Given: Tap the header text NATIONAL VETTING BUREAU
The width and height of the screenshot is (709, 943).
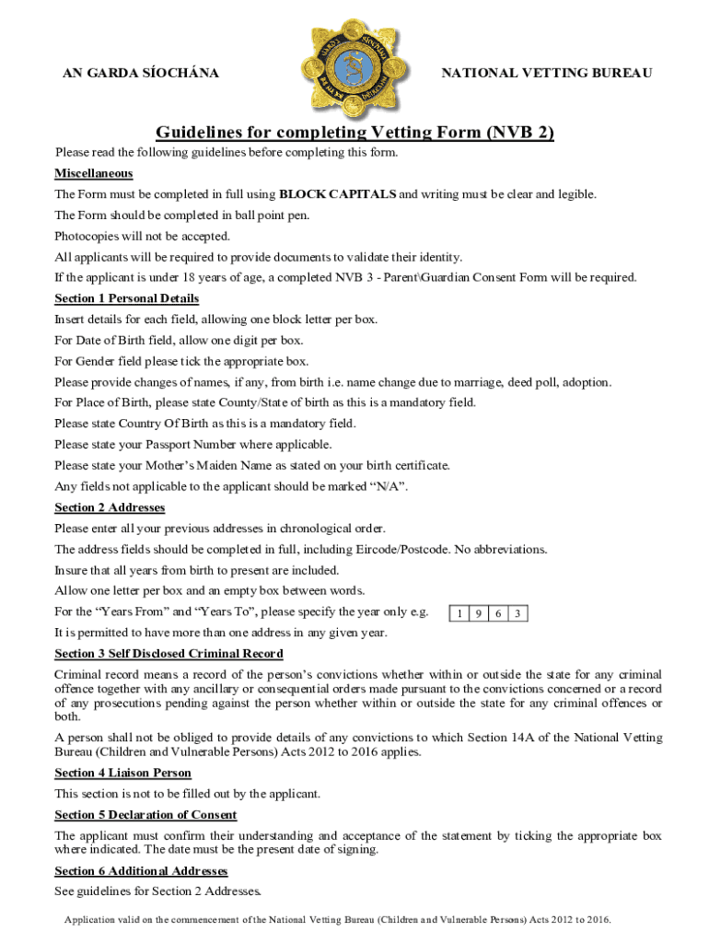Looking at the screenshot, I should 547,72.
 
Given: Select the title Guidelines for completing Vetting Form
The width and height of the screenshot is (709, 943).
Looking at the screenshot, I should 354,132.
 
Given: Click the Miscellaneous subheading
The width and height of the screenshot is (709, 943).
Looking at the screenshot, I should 93,173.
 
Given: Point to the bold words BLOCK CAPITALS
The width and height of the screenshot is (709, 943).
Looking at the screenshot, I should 338,194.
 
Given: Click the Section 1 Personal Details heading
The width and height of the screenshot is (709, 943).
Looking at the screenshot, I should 126,298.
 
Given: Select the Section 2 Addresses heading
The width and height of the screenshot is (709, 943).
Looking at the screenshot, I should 110,507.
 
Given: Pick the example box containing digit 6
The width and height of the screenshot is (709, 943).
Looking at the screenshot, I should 499,613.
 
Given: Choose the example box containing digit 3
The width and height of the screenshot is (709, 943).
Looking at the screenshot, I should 519,613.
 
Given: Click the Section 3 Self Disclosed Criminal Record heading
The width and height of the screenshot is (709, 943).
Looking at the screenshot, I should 169,653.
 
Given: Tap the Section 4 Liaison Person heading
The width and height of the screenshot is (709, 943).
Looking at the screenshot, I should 122,773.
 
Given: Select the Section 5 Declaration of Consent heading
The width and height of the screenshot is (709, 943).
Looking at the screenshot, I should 145,815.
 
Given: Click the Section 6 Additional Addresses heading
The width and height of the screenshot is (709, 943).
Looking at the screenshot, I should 141,870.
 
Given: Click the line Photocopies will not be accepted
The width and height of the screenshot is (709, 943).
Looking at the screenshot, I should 142,236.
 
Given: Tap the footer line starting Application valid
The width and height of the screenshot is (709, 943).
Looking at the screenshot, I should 337,919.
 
